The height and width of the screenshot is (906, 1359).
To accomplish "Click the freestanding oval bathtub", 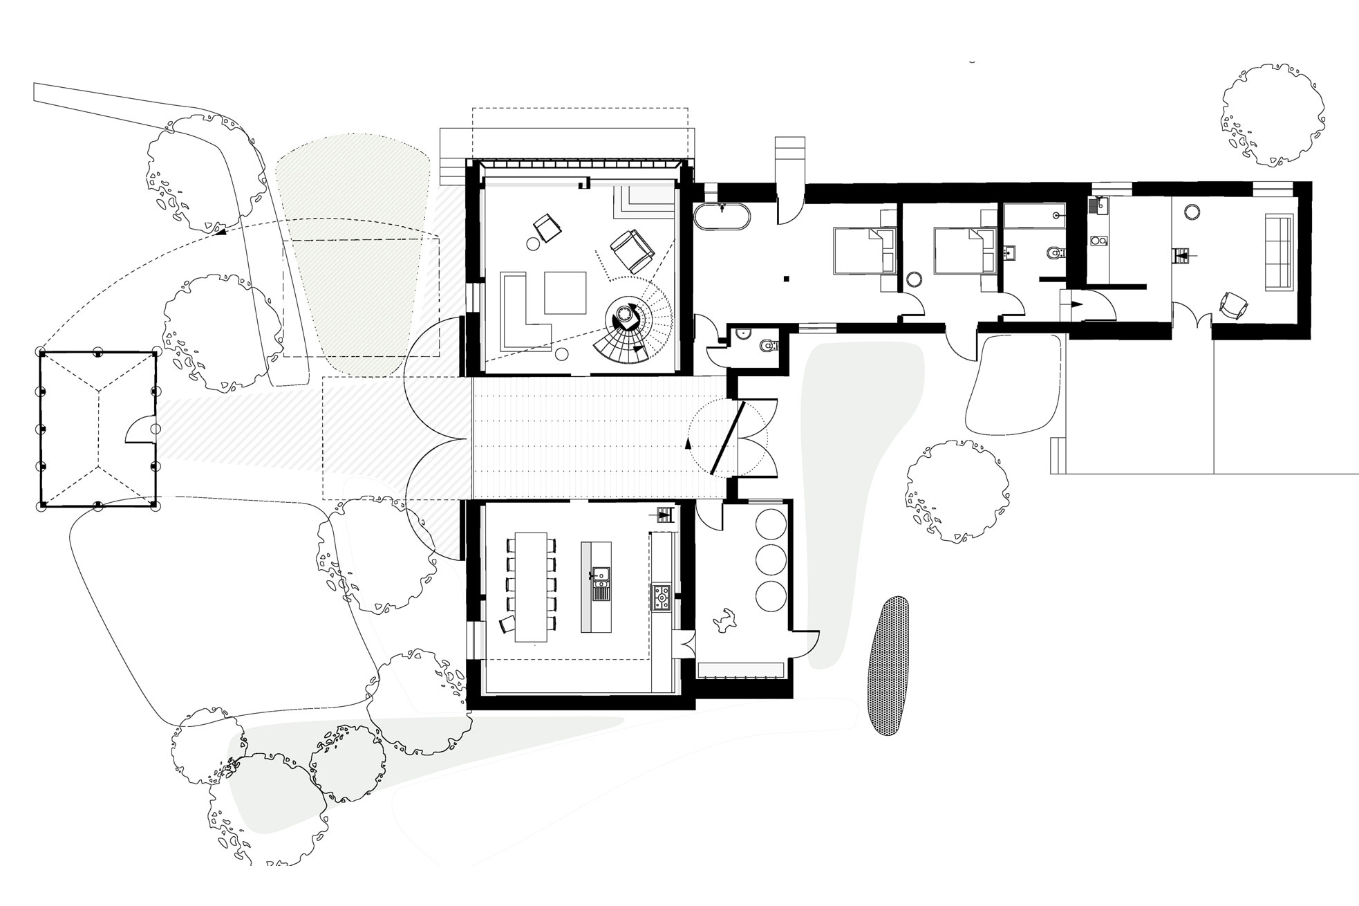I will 722,217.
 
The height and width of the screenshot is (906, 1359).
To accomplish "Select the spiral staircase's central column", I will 626,316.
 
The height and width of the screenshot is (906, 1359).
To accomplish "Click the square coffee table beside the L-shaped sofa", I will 565,293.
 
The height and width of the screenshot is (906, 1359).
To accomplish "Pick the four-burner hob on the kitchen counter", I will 660,597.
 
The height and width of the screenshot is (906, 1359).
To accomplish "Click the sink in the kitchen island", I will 599,574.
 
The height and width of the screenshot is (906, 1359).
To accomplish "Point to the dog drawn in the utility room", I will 724,620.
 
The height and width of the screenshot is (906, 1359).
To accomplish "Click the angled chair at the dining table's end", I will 507,624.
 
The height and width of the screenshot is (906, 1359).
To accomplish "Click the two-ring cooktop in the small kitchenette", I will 1098,241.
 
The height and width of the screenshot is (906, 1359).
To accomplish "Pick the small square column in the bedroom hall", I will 786,279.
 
